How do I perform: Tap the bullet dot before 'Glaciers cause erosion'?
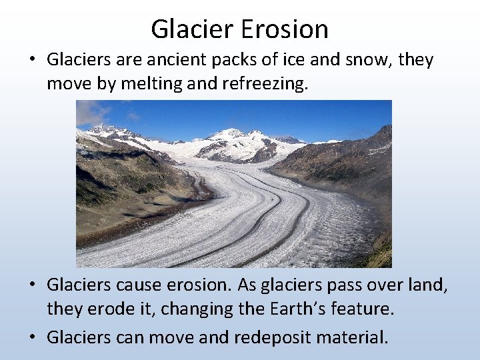(x=32, y=285)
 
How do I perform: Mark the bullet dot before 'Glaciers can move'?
(x=32, y=336)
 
